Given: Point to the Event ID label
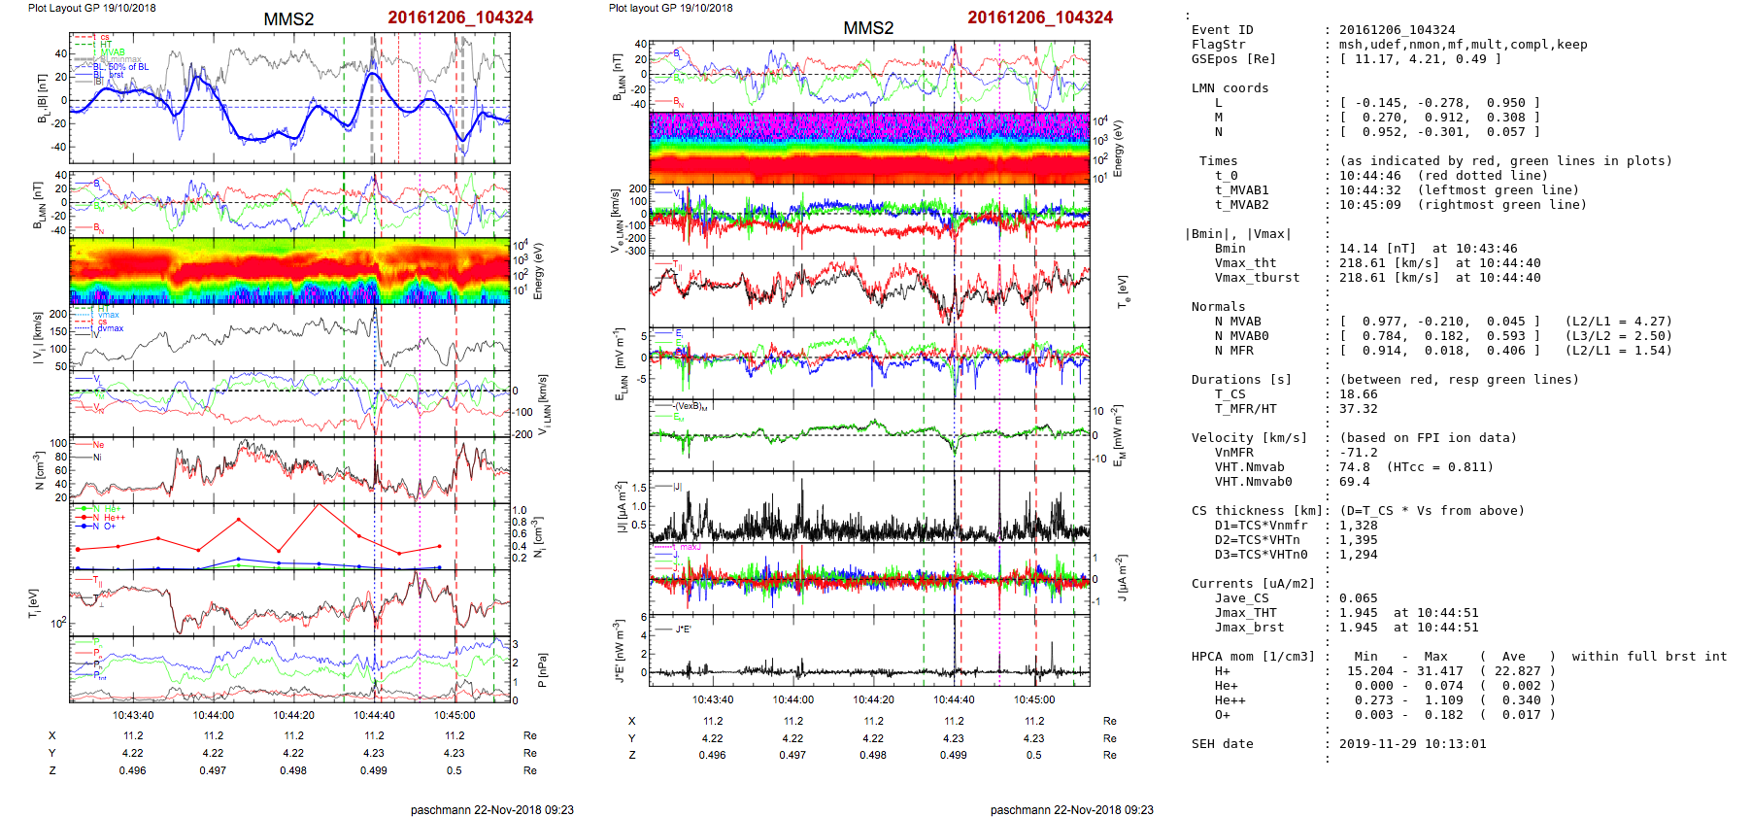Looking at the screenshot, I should [x=1222, y=30].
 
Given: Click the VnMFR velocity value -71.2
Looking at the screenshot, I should [x=1358, y=453].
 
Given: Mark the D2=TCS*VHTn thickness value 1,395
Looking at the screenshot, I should [x=1358, y=540].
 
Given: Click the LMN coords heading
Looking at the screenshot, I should [x=1230, y=88].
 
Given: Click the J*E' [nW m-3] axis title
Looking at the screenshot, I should [x=618, y=651].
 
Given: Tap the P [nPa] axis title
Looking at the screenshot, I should [x=541, y=669].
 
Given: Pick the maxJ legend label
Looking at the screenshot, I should [x=690, y=547].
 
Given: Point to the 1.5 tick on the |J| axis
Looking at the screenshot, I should [x=638, y=489].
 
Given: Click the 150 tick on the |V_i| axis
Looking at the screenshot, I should [x=58, y=331].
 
